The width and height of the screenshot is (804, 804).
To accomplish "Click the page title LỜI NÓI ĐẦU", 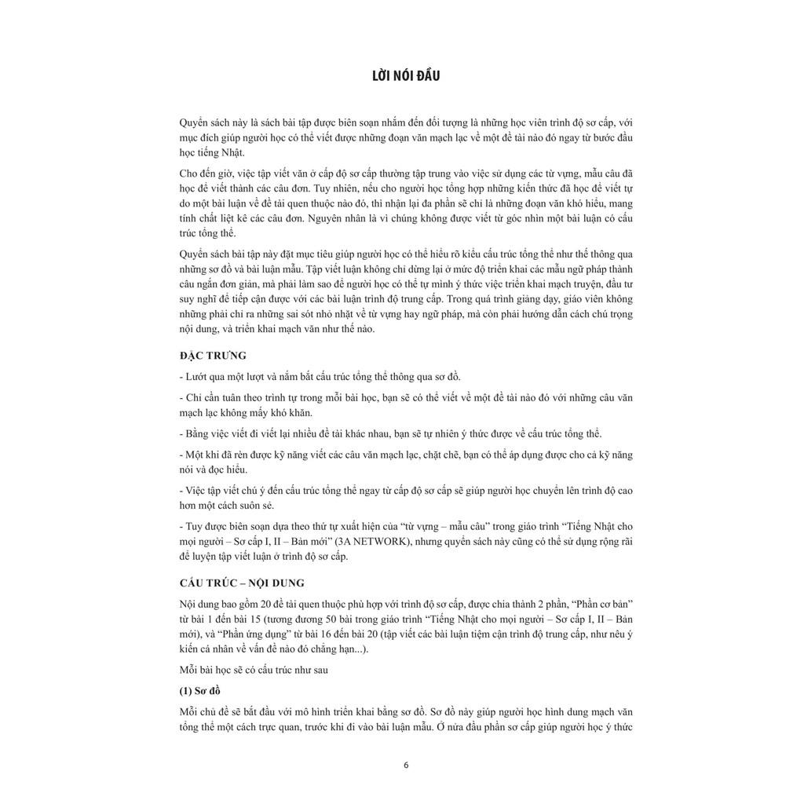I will coord(406,76).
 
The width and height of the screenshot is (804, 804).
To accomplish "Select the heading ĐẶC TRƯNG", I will coord(213,356).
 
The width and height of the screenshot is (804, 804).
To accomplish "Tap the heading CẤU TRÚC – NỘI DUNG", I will coord(242,583).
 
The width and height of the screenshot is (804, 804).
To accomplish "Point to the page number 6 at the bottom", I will coord(406,766).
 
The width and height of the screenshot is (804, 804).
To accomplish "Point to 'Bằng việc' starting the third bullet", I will coord(205,433).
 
